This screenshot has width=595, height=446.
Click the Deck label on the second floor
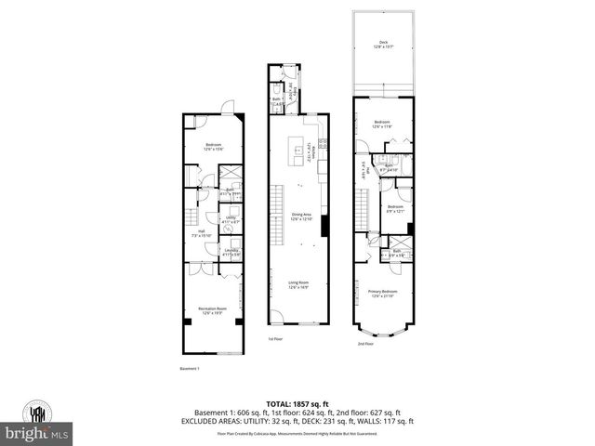383,43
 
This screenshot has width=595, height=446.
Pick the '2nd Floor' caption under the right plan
366,344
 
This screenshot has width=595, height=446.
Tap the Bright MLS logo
37,434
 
